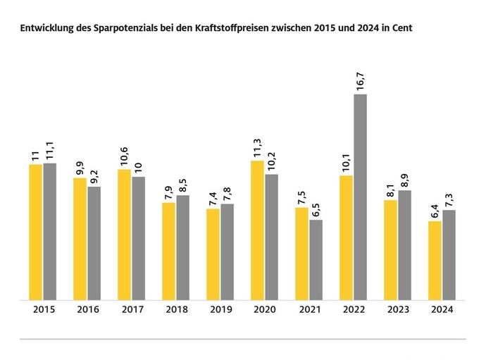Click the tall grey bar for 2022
click(360, 197)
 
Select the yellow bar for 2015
click(36, 232)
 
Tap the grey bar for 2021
click(316, 260)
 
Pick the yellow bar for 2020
click(257, 230)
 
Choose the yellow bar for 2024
click(435, 261)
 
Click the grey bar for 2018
click(183, 248)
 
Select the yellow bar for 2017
click(124, 235)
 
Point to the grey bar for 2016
click(94, 244)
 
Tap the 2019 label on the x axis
click(221, 309)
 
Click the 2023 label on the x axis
click(398, 309)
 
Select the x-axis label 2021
click(310, 309)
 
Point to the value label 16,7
click(360, 82)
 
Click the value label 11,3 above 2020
click(257, 148)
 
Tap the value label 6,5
click(316, 210)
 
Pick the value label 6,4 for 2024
click(435, 211)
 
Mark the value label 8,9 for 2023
click(404, 180)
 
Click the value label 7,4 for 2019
click(213, 199)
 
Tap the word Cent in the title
click(402, 28)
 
